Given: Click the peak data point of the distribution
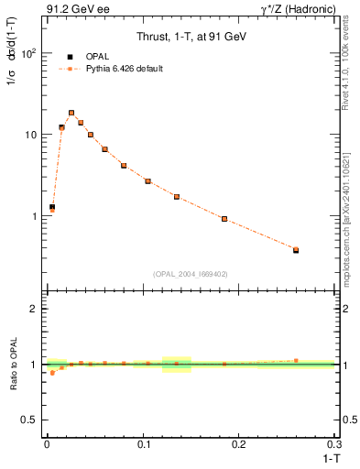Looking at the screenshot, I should click(71, 113).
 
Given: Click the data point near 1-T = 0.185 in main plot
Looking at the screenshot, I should click(224, 219).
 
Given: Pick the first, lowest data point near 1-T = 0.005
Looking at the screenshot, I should click(52, 208).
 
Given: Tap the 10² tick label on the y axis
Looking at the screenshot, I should click(28, 53).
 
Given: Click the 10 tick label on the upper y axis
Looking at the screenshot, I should click(28, 135).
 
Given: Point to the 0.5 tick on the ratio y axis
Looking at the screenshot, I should click(28, 420).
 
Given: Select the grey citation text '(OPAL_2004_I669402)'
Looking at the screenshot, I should click(190, 273).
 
